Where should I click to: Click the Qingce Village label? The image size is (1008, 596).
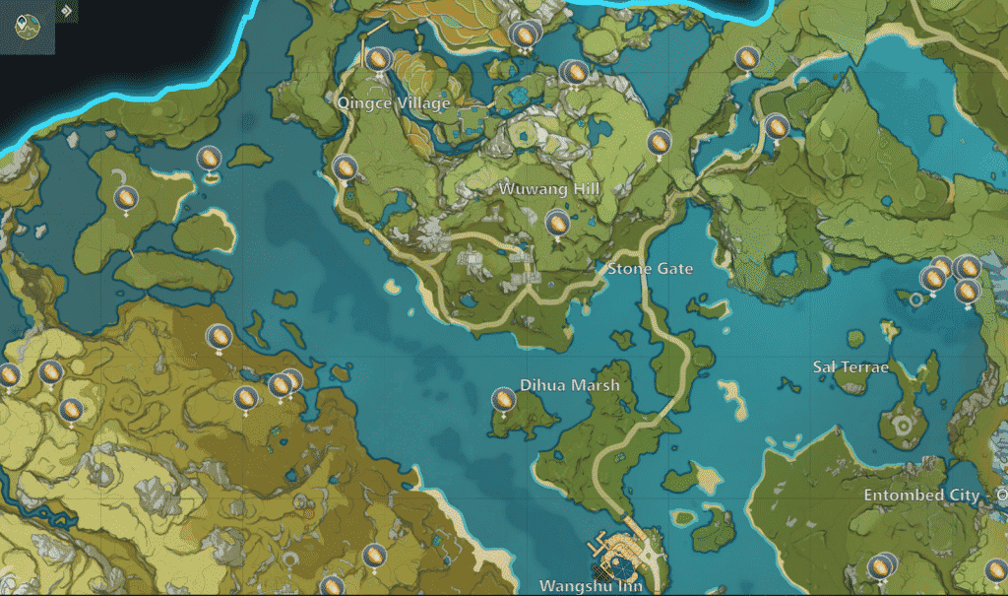point(393,103)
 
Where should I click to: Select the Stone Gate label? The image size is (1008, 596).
point(650,268)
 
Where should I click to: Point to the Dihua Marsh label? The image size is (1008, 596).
point(570,384)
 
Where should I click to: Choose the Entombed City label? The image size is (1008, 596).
point(921,495)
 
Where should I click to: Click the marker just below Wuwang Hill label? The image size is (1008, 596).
point(557,223)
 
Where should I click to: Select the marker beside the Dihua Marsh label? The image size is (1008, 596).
point(503,400)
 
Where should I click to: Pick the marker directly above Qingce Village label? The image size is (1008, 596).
point(376,60)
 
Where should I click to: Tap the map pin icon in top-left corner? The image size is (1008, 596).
point(27,24)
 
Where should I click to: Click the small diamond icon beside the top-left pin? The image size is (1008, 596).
point(65,12)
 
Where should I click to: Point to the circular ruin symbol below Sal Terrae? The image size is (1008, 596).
point(901,426)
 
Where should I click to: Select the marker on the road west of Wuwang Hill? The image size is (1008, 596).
point(345,168)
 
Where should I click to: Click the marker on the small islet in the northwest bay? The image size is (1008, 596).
point(209,159)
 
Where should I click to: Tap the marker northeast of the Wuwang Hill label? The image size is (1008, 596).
point(659,142)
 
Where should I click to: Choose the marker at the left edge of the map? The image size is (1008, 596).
point(9,375)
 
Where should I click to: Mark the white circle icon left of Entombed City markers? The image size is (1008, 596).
point(917,298)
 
